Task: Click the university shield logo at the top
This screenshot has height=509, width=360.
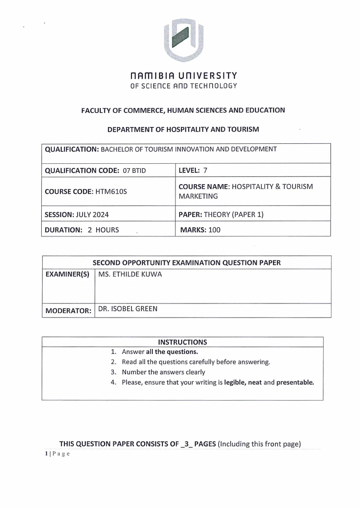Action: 183,40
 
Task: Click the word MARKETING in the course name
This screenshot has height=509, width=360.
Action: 199,196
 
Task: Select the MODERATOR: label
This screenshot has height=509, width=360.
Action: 68,311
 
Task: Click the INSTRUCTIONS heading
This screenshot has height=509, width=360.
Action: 182,342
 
